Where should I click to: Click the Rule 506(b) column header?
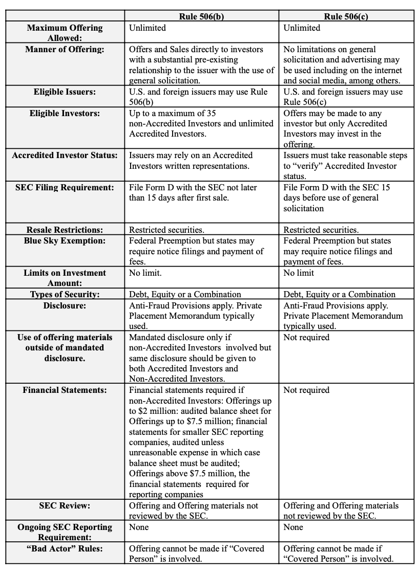pos(201,16)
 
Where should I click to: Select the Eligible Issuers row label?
pos(65,92)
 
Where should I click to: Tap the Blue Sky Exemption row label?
pos(65,240)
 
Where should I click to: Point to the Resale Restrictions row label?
pos(65,230)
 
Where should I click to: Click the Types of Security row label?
pos(65,294)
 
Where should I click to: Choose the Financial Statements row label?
pos(65,390)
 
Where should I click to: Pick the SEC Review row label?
pos(65,505)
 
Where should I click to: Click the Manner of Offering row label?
pos(65,49)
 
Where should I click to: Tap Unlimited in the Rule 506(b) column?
pos(148,28)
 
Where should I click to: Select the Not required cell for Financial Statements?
pos(306,390)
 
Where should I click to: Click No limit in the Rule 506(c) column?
pos(299,273)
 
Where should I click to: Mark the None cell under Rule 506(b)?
pos(139,527)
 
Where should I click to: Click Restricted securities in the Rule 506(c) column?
pos(321,230)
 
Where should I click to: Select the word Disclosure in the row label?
pos(65,305)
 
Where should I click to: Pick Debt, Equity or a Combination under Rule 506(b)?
pos(185,294)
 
